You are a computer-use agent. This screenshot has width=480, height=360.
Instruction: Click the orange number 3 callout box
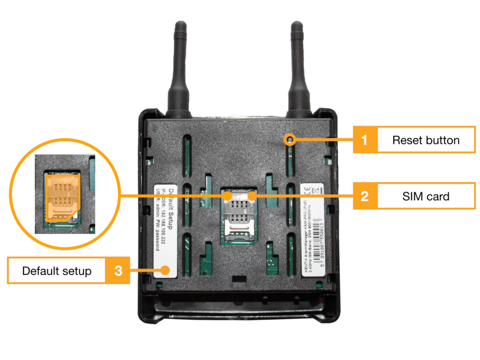[x=119, y=270]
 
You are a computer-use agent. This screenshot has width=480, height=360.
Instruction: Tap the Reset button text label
[x=426, y=140]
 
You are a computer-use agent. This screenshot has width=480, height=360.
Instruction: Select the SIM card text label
[x=426, y=196]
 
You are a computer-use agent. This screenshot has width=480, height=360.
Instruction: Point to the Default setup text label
[x=57, y=271]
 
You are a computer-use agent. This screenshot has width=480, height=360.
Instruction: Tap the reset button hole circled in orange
[x=291, y=139]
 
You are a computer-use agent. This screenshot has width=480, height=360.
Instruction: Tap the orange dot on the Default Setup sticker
[x=165, y=270]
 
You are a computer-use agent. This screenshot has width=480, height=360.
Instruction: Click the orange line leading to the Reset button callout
[x=323, y=140]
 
